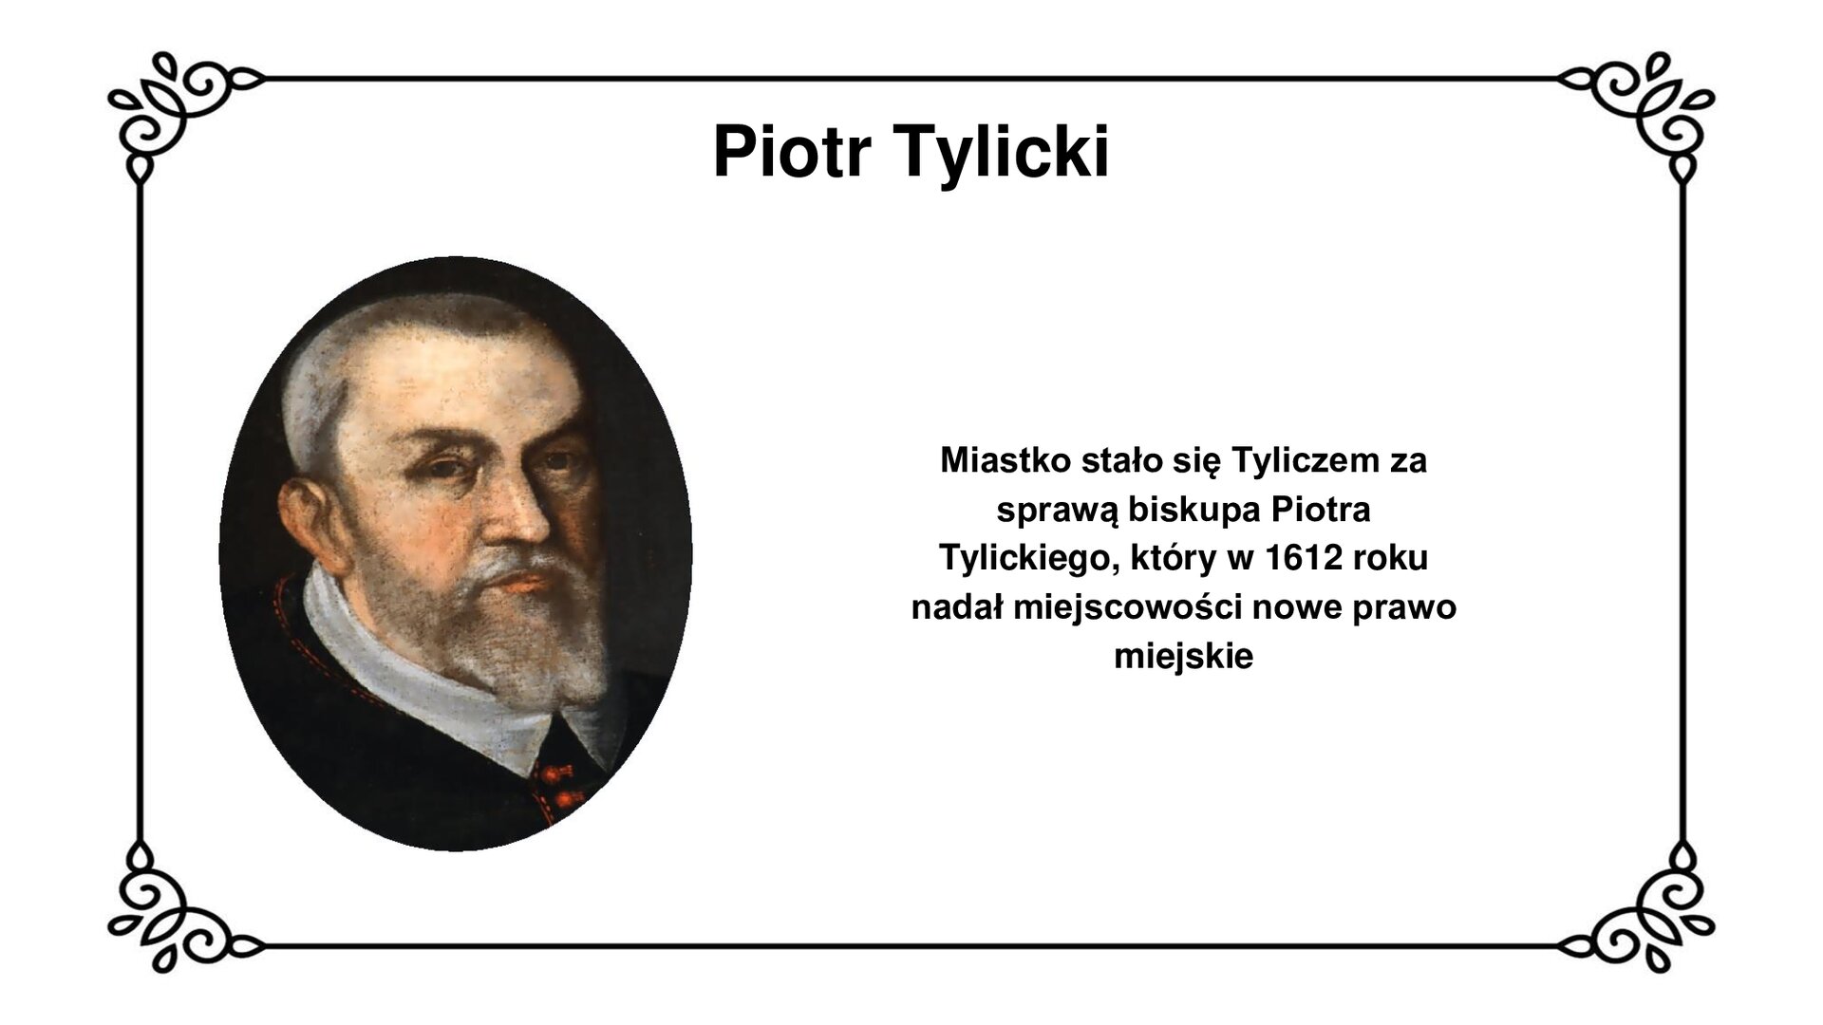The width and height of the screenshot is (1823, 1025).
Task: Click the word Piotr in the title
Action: [791, 152]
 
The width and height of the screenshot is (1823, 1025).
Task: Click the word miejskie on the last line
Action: [1183, 656]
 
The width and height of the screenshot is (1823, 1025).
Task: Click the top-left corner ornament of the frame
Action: [171, 109]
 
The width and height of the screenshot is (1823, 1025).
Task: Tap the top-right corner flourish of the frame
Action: [1652, 109]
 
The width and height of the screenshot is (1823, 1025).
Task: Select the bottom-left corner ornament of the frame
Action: [171, 916]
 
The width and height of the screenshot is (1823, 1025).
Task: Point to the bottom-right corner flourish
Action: [1652, 916]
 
